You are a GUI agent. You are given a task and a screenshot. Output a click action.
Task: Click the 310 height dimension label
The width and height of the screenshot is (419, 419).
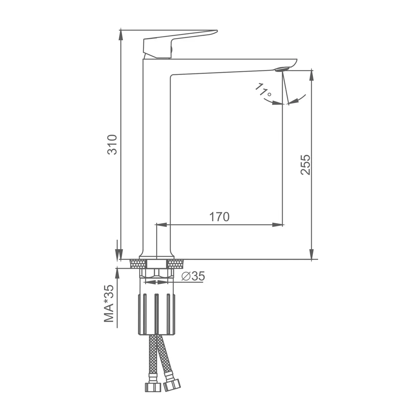tap(113, 145)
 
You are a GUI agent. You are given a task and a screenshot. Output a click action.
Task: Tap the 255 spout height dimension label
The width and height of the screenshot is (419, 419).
tap(305, 165)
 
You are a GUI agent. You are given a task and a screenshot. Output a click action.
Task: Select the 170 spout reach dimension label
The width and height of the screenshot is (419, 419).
tap(219, 217)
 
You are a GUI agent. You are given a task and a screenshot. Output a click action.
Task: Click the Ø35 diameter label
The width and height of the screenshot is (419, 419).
tap(193, 276)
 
